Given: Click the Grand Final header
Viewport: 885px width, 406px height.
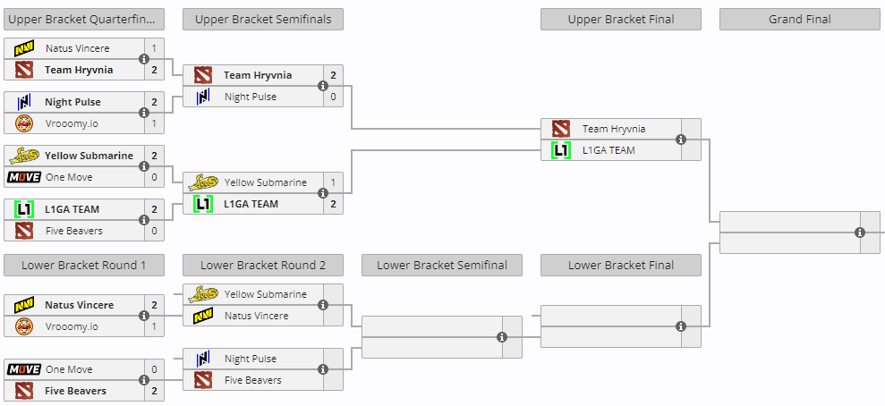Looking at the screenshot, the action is [x=799, y=19].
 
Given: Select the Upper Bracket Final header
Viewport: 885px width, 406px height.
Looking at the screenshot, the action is [x=621, y=19].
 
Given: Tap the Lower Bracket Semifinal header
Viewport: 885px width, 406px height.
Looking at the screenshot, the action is [x=442, y=265].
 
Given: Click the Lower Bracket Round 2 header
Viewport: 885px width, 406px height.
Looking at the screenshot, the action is [x=263, y=265].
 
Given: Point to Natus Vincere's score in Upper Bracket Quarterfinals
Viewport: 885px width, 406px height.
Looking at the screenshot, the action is [x=154, y=48].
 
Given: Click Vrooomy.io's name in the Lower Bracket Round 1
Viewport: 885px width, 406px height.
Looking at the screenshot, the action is [x=72, y=326].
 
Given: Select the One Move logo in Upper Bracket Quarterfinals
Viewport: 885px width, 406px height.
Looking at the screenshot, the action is [x=23, y=177].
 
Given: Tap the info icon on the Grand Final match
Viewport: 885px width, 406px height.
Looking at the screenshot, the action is [x=860, y=233].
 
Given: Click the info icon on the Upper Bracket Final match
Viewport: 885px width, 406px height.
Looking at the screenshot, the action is [x=681, y=140].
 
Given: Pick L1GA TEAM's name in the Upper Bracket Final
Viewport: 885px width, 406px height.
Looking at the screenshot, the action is [x=609, y=150].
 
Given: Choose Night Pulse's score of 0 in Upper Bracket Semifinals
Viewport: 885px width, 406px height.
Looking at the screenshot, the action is [x=333, y=97].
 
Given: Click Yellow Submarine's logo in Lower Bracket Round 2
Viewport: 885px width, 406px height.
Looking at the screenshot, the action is [x=203, y=294].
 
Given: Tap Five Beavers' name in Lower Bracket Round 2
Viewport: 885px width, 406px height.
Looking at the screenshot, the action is [x=253, y=380].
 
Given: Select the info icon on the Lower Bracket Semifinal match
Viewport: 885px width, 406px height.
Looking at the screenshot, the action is [x=502, y=337].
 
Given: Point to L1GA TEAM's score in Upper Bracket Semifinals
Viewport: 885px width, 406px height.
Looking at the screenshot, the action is [x=333, y=204].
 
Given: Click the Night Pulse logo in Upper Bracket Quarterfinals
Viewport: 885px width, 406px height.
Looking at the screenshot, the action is [x=23, y=102].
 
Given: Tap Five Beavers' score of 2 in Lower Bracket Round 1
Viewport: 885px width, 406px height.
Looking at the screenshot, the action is [x=154, y=391].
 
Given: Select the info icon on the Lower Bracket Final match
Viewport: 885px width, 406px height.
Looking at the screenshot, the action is [x=681, y=326].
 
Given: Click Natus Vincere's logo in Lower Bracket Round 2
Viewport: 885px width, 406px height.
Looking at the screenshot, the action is [x=203, y=316].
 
